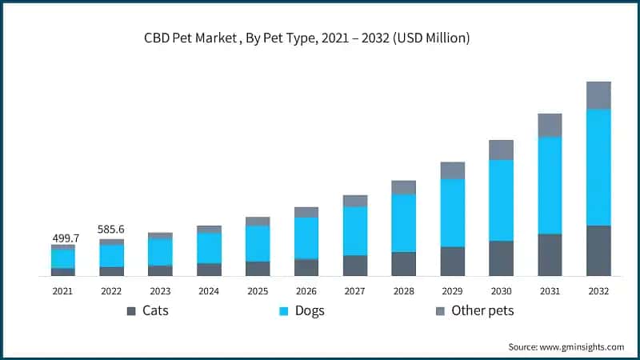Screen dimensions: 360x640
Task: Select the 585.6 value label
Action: (x=112, y=230)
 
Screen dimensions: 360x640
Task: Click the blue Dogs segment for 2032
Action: (x=598, y=167)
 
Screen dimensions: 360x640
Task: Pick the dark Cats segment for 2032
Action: (x=598, y=250)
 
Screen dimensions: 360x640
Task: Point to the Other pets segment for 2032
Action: (x=598, y=95)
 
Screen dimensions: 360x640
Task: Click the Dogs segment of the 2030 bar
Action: (x=501, y=200)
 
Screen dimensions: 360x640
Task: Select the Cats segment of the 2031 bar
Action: (x=550, y=254)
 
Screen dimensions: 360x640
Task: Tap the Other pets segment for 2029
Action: (x=452, y=170)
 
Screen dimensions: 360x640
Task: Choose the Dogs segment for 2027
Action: (x=355, y=231)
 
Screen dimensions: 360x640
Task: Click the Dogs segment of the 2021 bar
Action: (x=63, y=259)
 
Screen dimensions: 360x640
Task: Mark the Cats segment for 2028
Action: (x=404, y=264)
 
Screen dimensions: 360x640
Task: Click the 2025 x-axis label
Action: (x=258, y=292)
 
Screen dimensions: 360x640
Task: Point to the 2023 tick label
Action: (x=160, y=292)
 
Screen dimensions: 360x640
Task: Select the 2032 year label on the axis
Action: (x=598, y=292)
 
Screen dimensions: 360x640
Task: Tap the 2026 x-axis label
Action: (x=306, y=292)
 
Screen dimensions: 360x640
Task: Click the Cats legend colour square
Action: (x=131, y=310)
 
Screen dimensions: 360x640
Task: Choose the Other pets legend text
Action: (x=482, y=310)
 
